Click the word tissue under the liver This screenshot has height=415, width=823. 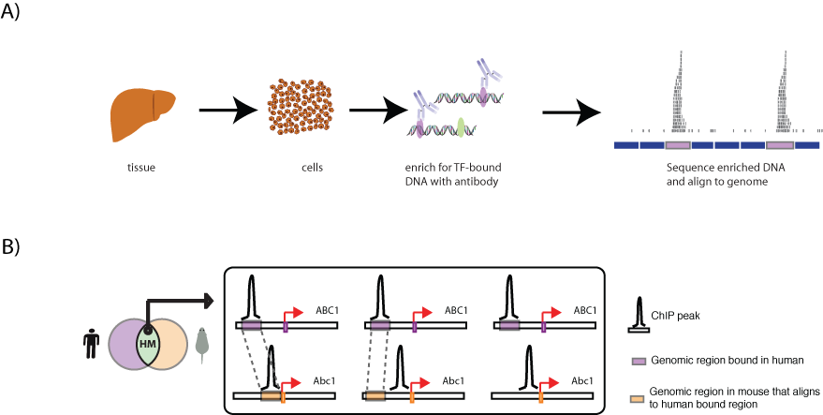141,169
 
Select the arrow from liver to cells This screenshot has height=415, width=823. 228,112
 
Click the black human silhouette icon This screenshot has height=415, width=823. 90,342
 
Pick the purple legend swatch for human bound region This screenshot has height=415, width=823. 639,360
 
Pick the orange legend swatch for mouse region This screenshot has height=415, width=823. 639,397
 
